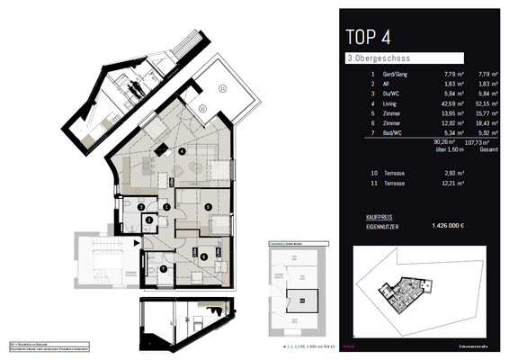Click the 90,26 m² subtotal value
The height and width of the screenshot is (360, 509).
tap(442, 141)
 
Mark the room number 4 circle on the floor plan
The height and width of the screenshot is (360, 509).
tap(183, 150)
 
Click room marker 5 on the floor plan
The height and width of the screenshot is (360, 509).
tap(209, 206)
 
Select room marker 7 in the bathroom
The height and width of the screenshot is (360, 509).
tap(163, 267)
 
